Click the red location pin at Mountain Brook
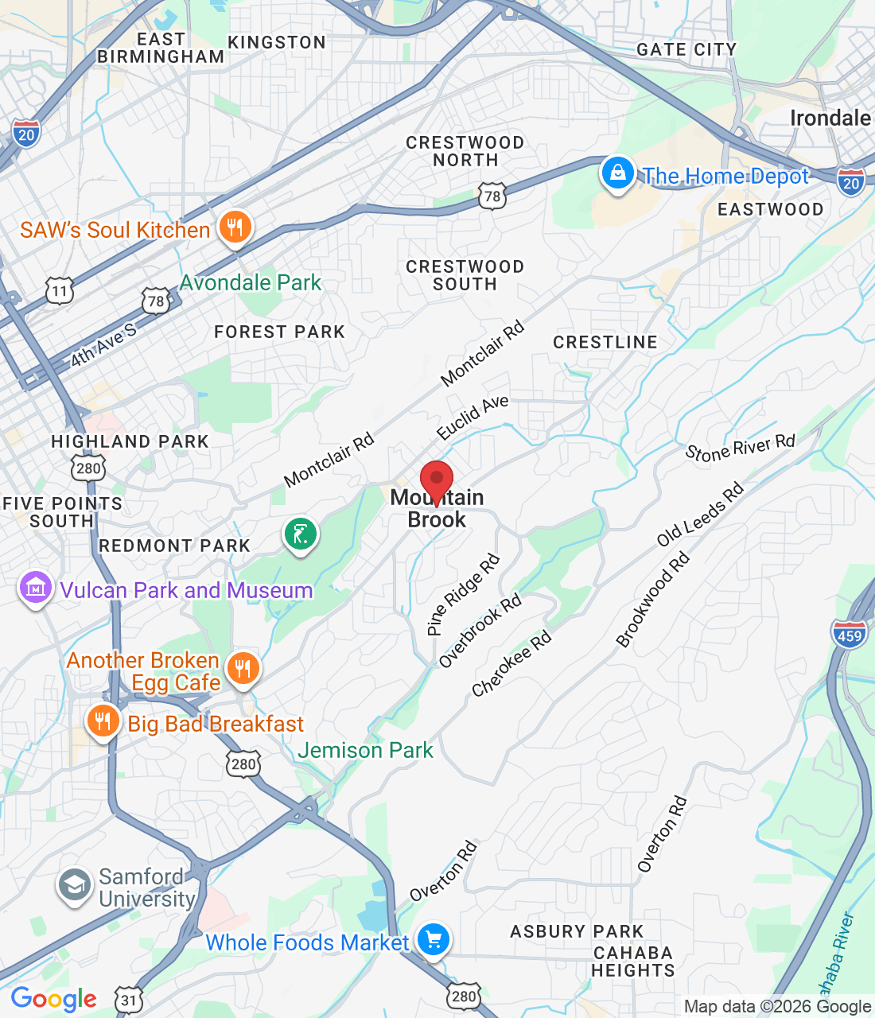pos(437,480)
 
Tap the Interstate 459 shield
pos(850,634)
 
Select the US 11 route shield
pos(60,291)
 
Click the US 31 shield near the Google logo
pos(129,1000)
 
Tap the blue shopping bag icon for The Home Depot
pos(617,173)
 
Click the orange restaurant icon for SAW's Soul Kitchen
pos(234,228)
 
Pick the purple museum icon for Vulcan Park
pos(35,589)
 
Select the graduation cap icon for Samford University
pos(75,885)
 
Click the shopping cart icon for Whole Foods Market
pos(434,941)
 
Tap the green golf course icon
pos(301,534)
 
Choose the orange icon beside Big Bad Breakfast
pos(103,721)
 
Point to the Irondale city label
pos(830,119)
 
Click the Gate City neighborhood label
pos(686,49)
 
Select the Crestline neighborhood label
pos(605,342)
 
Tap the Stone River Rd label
pos(740,448)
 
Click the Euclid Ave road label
pos(472,418)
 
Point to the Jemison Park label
pos(365,750)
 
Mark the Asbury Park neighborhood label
pos(577,931)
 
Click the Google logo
pos(53,999)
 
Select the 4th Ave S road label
pos(103,345)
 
